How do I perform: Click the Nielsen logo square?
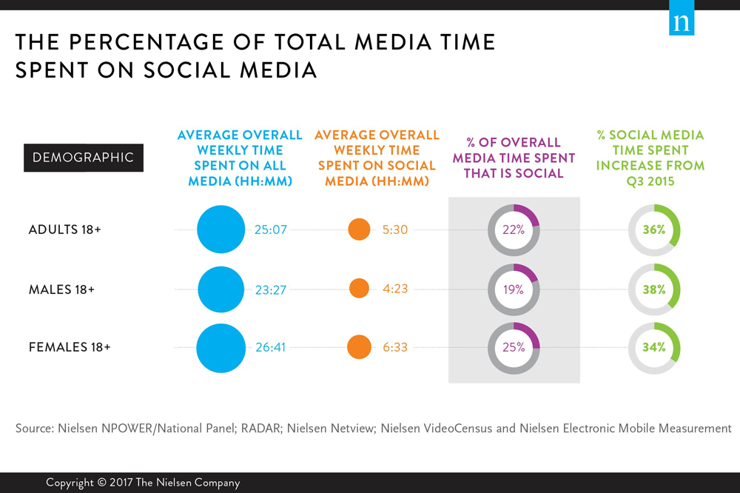pos(682,22)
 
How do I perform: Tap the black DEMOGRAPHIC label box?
pos(84,158)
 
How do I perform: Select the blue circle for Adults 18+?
pos(221,229)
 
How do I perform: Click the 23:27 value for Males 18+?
pos(272,289)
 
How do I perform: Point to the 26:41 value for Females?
pos(272,347)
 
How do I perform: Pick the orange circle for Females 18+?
pos(359,346)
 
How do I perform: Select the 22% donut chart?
pos(514,229)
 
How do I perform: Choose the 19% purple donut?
pos(514,289)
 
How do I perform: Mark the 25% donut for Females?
pos(514,347)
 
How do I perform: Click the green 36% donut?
pos(654,229)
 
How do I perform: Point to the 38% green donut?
pos(654,289)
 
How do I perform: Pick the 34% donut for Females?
pos(654,347)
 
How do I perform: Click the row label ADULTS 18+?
pos(64,230)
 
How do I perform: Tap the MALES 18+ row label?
pos(61,289)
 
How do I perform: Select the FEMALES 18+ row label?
pos(69,347)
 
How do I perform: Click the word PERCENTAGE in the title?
pos(145,42)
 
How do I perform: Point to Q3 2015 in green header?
pos(651,181)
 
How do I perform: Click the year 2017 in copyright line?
pos(125,483)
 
